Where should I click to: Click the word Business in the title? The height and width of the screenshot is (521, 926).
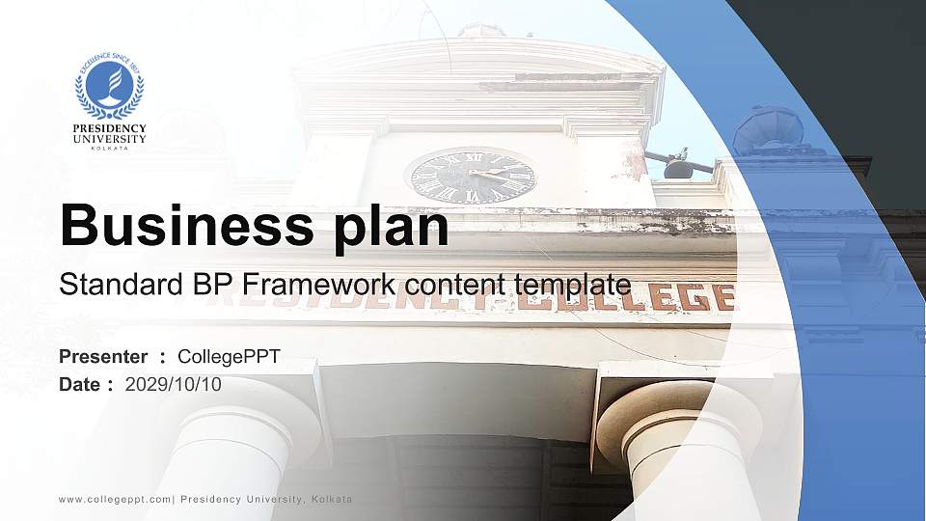(x=180, y=226)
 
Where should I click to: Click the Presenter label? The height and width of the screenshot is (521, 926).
(x=103, y=357)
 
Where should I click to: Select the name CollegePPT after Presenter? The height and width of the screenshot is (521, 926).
(x=230, y=357)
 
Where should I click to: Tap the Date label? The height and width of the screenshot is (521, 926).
(x=80, y=384)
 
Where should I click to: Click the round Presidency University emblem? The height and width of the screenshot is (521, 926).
(x=110, y=84)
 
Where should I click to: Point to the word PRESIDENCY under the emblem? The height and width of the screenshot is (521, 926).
(x=110, y=127)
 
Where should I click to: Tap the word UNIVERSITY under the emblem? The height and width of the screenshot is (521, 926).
(x=110, y=138)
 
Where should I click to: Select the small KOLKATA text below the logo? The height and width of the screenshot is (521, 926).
(x=110, y=148)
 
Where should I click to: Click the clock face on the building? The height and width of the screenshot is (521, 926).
(x=471, y=177)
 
